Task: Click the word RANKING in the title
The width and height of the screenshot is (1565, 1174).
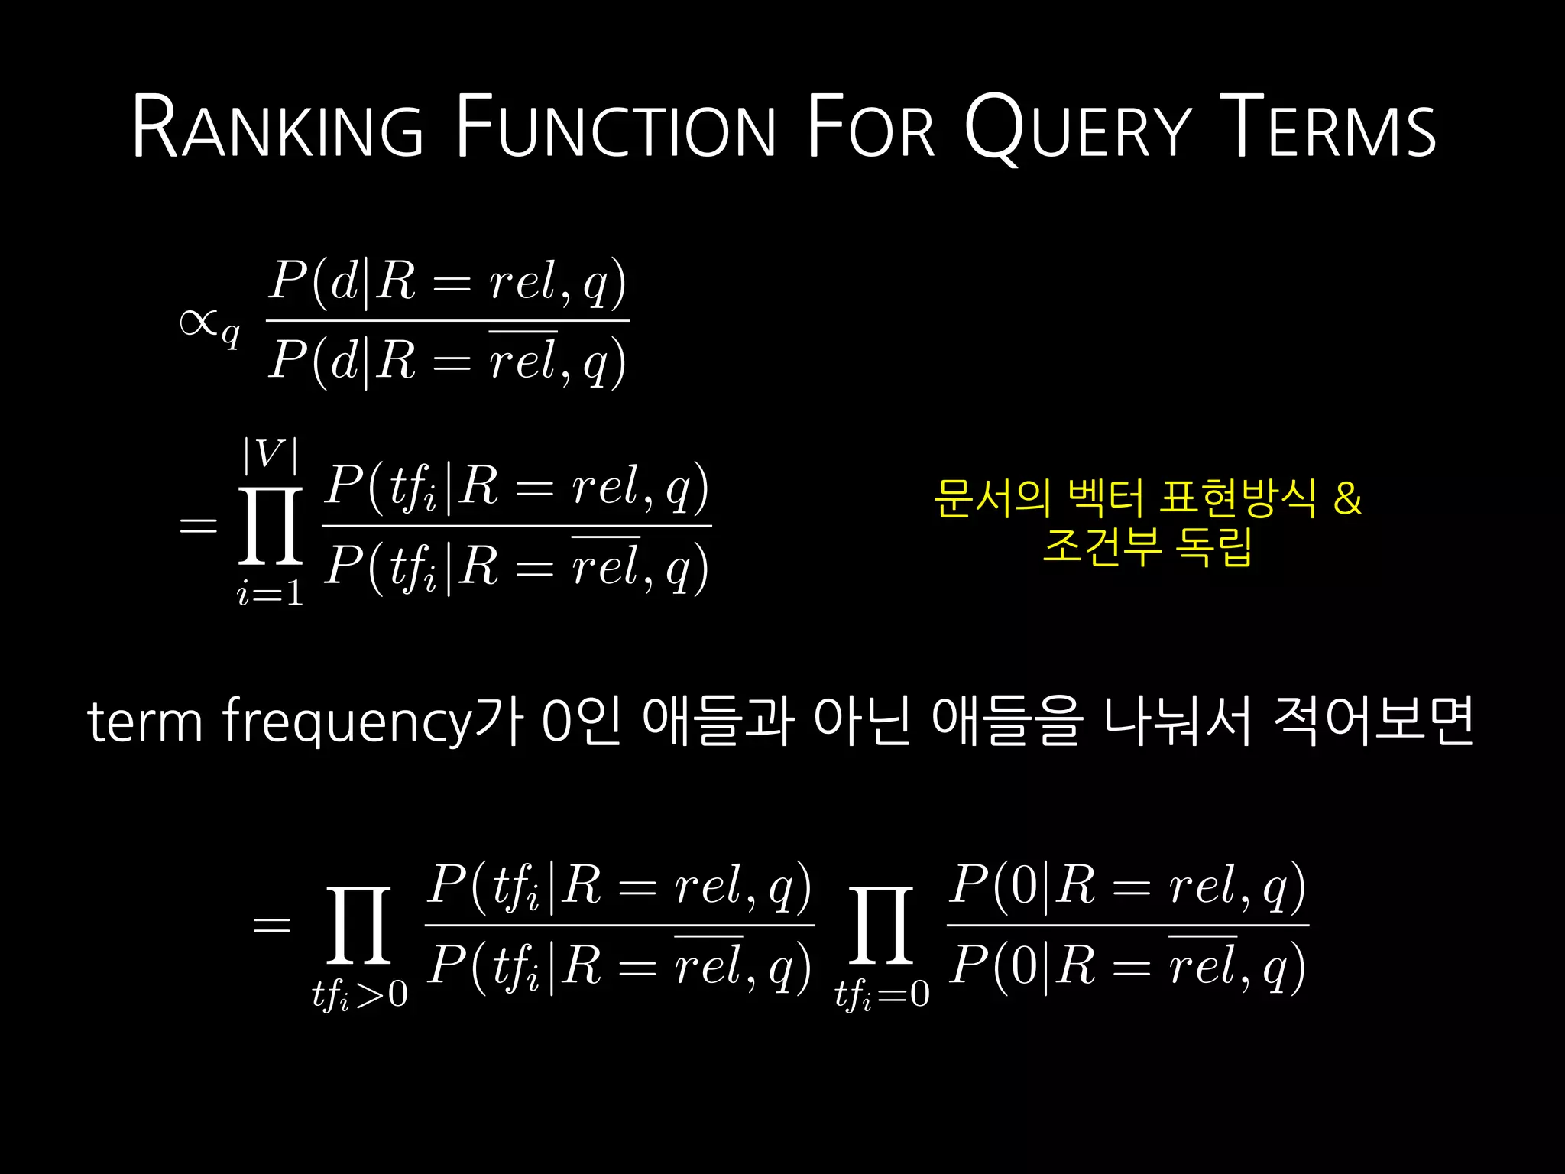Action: coord(277,127)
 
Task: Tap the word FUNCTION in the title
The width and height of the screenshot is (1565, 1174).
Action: coord(616,127)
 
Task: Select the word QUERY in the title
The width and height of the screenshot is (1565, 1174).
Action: coord(1077,127)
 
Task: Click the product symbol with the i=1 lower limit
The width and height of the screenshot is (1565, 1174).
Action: coord(271,526)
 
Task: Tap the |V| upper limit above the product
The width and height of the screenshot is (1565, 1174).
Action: coord(270,455)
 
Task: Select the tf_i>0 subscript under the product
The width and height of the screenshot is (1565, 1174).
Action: coord(359,994)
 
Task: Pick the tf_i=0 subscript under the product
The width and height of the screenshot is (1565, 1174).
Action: coord(882,994)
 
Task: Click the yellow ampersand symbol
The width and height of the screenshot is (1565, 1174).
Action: coord(1347,498)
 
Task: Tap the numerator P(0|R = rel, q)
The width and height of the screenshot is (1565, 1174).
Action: coord(1127,887)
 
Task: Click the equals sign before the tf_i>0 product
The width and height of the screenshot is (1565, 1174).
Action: coord(271,926)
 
